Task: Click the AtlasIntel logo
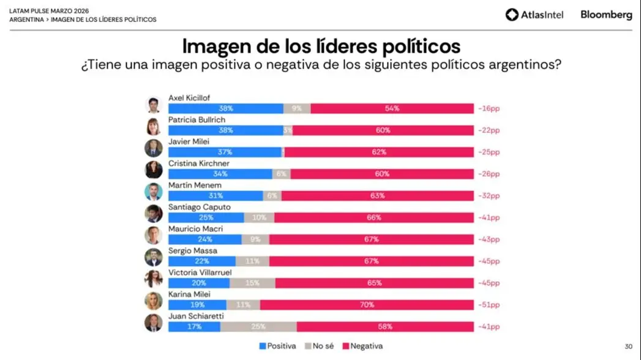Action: tap(534, 15)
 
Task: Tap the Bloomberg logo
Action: tap(606, 15)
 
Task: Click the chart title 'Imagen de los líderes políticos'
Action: tap(321, 47)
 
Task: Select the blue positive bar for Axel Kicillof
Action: tap(226, 108)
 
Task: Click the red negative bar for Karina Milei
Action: tap(367, 304)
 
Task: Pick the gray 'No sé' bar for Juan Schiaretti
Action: tap(258, 326)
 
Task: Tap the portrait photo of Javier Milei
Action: tap(153, 148)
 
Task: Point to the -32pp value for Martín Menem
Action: tap(489, 196)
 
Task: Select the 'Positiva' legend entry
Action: tap(278, 346)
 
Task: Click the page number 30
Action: tap(628, 347)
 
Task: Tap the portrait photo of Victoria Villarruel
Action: tap(153, 279)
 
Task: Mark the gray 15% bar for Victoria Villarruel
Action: tap(252, 283)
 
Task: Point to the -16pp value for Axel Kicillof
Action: tap(489, 108)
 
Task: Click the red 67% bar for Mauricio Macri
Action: tap(372, 239)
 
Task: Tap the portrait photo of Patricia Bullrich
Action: tap(153, 127)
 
